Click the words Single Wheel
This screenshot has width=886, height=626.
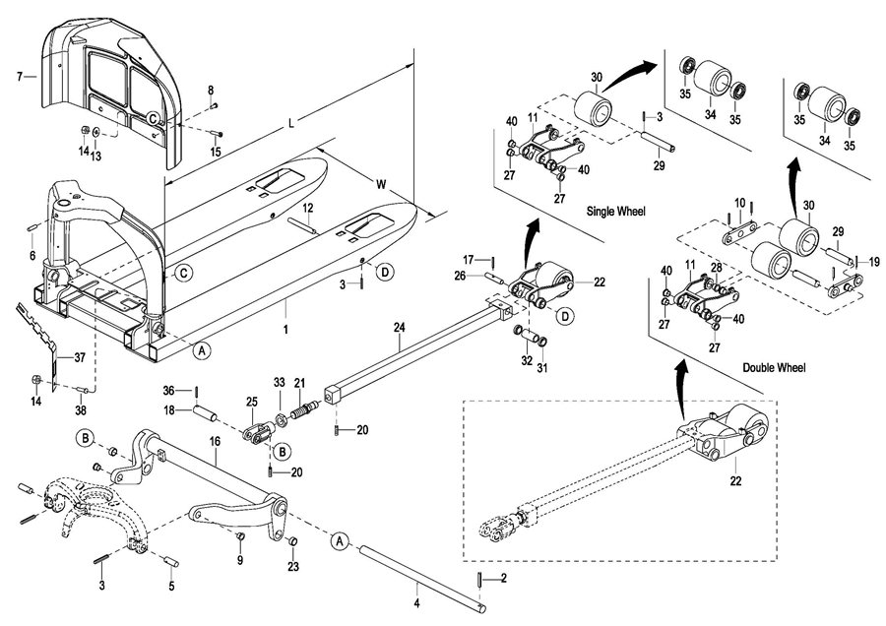pyautogui.click(x=615, y=212)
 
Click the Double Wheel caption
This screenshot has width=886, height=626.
pyautogui.click(x=774, y=368)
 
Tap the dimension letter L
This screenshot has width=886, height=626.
pyautogui.click(x=291, y=123)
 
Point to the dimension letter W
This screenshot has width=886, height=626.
pyautogui.click(x=381, y=184)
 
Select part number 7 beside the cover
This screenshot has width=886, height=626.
pyautogui.click(x=20, y=76)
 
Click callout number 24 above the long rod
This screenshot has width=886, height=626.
pyautogui.click(x=400, y=327)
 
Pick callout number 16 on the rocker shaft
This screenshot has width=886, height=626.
pyautogui.click(x=215, y=442)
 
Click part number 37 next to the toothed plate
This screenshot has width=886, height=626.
pyautogui.click(x=80, y=357)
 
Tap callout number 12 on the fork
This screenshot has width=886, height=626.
pyautogui.click(x=307, y=209)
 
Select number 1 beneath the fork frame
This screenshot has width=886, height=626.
pyautogui.click(x=285, y=330)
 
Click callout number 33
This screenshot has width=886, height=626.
pyautogui.click(x=280, y=383)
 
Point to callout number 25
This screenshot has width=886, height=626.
pyautogui.click(x=251, y=402)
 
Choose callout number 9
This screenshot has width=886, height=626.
pyautogui.click(x=239, y=560)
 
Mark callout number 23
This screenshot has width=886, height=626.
pyautogui.click(x=292, y=567)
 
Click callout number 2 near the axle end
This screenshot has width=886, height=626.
pyautogui.click(x=503, y=578)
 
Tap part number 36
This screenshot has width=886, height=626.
pyautogui.click(x=169, y=391)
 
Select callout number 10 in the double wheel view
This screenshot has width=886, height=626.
pyautogui.click(x=740, y=203)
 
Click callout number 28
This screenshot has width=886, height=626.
pyautogui.click(x=717, y=267)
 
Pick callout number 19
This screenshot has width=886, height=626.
pyautogui.click(x=874, y=262)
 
